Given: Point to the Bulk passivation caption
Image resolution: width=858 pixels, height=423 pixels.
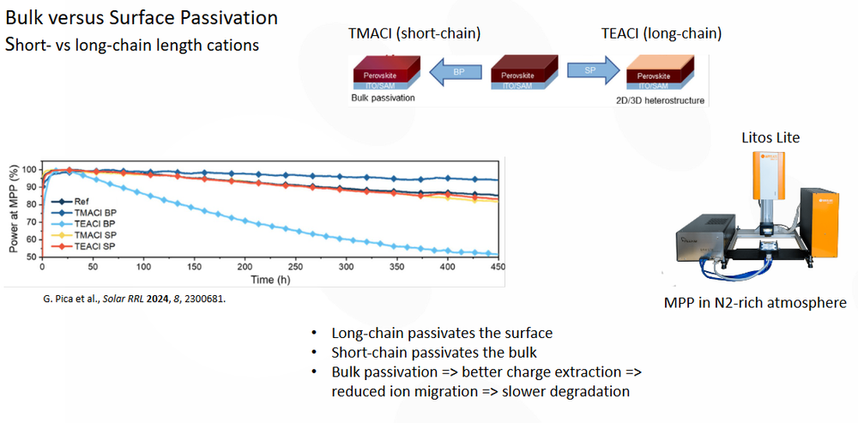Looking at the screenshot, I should (x=383, y=98).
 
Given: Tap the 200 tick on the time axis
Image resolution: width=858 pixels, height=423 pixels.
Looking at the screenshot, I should (x=245, y=267).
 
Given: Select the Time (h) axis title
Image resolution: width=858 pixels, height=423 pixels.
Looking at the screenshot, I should (x=269, y=279).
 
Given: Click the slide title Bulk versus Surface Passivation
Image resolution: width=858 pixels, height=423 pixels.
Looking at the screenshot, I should (x=142, y=17).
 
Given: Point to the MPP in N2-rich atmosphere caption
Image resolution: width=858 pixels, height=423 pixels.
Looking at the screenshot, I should (x=756, y=302).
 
